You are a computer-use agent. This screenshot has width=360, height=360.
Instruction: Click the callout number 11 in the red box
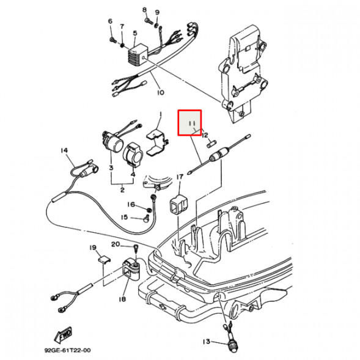pyautogui.click(x=192, y=123)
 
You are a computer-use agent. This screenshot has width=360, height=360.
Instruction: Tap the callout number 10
pyautogui.click(x=161, y=92)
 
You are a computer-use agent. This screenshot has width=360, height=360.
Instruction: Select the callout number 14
pyautogui.click(x=65, y=150)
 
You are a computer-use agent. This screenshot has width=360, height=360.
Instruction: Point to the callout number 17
pyautogui.click(x=180, y=177)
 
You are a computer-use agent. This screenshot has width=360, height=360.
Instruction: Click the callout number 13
pyautogui.click(x=207, y=342)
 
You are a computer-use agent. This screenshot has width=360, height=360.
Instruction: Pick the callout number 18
pyautogui.click(x=122, y=299)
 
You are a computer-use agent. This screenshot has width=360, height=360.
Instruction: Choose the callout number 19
pyautogui.click(x=93, y=248)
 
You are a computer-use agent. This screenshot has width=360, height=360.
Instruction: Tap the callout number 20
pyautogui.click(x=116, y=244)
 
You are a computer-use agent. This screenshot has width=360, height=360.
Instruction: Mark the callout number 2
pyautogui.click(x=122, y=190)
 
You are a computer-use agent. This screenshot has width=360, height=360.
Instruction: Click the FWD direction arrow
pyautogui.click(x=63, y=334)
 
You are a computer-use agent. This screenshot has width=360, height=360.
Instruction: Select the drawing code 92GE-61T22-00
pyautogui.click(x=67, y=350)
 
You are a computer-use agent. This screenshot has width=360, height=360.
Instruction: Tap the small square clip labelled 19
pyautogui.click(x=105, y=260)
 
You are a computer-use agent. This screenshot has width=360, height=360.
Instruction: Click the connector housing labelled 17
pyautogui.click(x=179, y=205)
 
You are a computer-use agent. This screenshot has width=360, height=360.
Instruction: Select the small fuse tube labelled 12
pyautogui.click(x=211, y=145)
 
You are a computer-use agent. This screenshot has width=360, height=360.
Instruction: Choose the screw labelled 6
pyautogui.click(x=112, y=40)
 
